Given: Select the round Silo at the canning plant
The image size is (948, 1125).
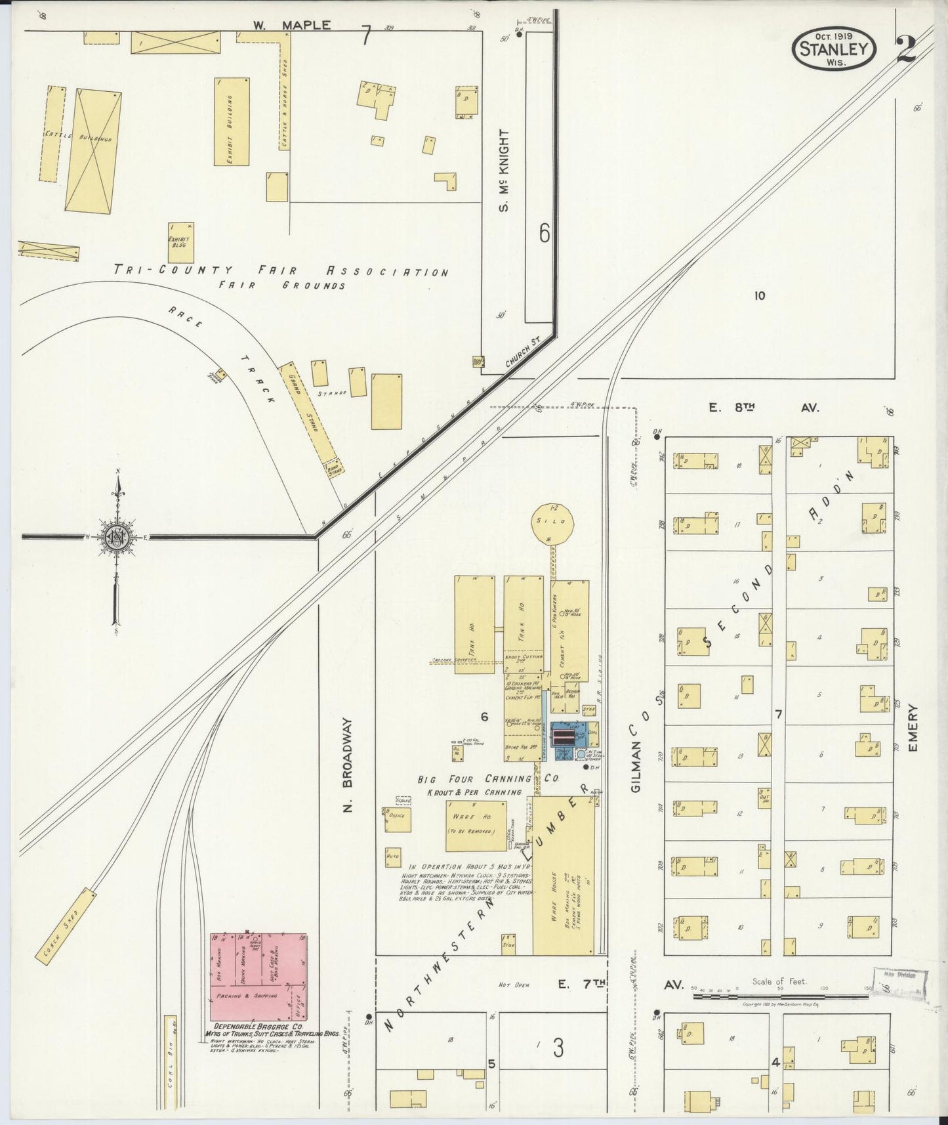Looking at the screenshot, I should [x=552, y=523].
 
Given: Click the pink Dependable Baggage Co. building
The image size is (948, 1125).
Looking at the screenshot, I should [x=258, y=977].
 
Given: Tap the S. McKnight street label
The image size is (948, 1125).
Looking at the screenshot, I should [x=505, y=171].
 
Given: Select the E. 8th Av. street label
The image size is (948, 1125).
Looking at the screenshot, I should [x=764, y=408].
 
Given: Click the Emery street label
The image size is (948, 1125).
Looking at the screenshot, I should [x=915, y=728].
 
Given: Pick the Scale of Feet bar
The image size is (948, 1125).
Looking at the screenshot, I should [x=781, y=996].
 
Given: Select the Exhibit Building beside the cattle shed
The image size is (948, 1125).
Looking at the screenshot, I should [x=232, y=121].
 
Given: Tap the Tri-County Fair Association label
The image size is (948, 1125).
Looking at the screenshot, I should [x=281, y=270].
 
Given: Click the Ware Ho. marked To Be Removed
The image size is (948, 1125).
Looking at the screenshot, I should [x=476, y=825].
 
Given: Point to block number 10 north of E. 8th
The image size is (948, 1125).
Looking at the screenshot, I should [x=759, y=295].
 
